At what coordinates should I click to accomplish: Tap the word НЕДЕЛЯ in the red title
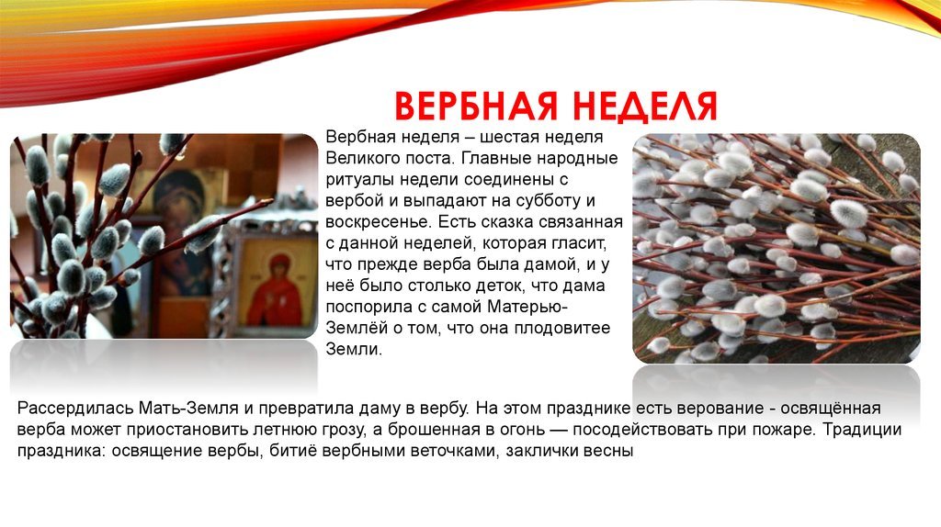tap(645, 107)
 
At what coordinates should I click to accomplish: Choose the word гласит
tap(581, 244)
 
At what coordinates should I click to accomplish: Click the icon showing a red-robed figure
tap(276, 287)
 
